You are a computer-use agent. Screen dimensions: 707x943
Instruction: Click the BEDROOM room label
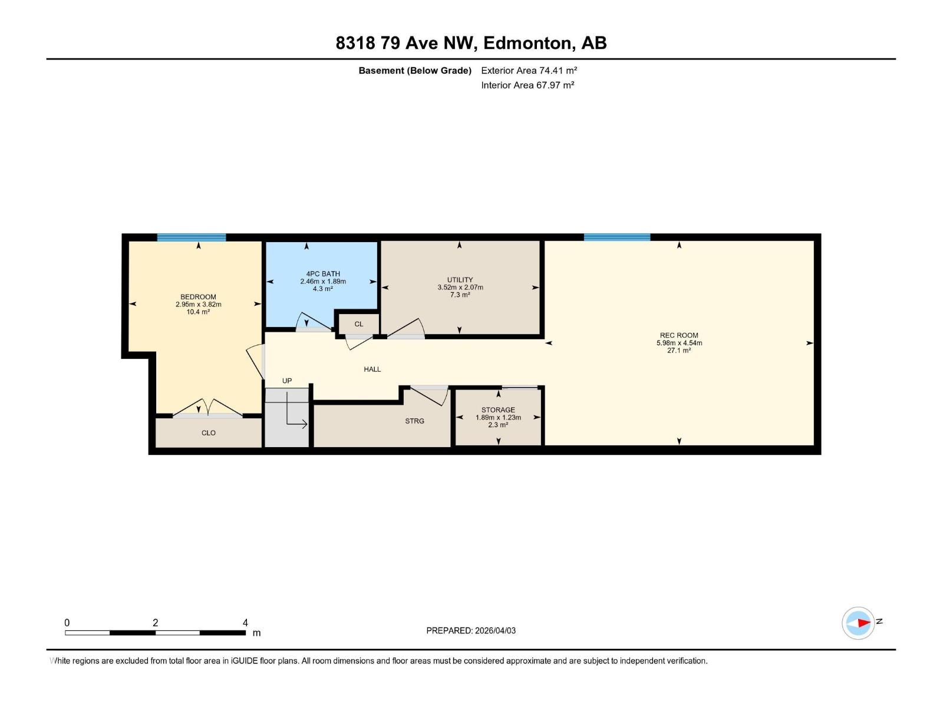pos(198,297)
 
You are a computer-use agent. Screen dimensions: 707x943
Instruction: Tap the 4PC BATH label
pos(323,274)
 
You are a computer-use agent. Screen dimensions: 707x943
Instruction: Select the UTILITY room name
pos(460,280)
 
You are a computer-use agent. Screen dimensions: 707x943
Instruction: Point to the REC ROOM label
pos(679,335)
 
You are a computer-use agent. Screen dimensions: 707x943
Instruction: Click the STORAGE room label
pos(498,410)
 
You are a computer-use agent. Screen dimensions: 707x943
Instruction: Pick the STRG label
pos(414,421)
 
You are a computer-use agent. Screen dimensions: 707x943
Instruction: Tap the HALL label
pos(372,369)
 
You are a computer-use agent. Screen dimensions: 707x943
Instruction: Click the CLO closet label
pos(209,433)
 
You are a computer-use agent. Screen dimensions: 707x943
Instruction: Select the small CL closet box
pos(358,324)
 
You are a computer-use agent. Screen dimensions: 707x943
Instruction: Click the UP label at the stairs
pos(287,381)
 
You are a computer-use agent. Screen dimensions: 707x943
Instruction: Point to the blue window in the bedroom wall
pos(192,237)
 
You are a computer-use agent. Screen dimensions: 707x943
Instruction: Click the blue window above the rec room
pos(617,237)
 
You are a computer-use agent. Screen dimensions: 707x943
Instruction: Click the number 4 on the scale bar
pos(245,623)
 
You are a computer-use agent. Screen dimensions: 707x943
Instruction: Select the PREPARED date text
pos(471,630)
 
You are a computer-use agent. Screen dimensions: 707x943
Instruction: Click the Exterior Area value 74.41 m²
pos(558,70)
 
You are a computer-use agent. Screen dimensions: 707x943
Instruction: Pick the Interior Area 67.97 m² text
pos(527,85)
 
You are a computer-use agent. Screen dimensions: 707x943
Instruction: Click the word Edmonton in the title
pos(528,43)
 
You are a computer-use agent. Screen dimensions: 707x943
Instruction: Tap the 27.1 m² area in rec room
pos(679,351)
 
